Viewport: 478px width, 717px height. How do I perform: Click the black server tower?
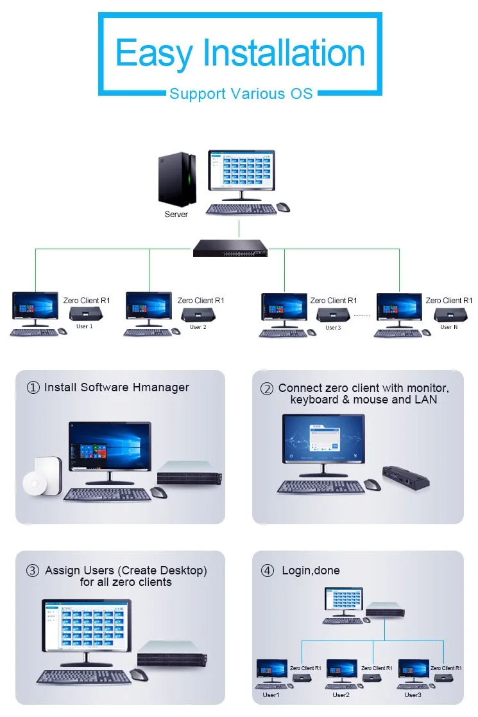[177, 180]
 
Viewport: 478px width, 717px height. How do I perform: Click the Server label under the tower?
[176, 215]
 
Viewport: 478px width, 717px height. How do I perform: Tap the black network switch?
[230, 248]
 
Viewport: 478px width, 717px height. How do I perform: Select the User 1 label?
[85, 326]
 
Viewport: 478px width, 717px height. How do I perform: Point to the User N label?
[448, 327]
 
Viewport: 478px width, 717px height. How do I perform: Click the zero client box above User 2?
[198, 315]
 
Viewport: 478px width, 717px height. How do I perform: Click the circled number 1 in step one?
[33, 388]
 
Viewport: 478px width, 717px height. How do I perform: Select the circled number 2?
[267, 389]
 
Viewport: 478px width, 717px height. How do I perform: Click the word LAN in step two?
[425, 400]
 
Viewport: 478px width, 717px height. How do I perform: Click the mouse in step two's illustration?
[372, 484]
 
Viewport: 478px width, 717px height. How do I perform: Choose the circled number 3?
[33, 571]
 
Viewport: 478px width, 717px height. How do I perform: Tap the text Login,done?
[311, 571]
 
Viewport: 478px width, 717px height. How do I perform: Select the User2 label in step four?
[341, 695]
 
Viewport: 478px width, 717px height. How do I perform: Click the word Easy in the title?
[155, 54]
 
